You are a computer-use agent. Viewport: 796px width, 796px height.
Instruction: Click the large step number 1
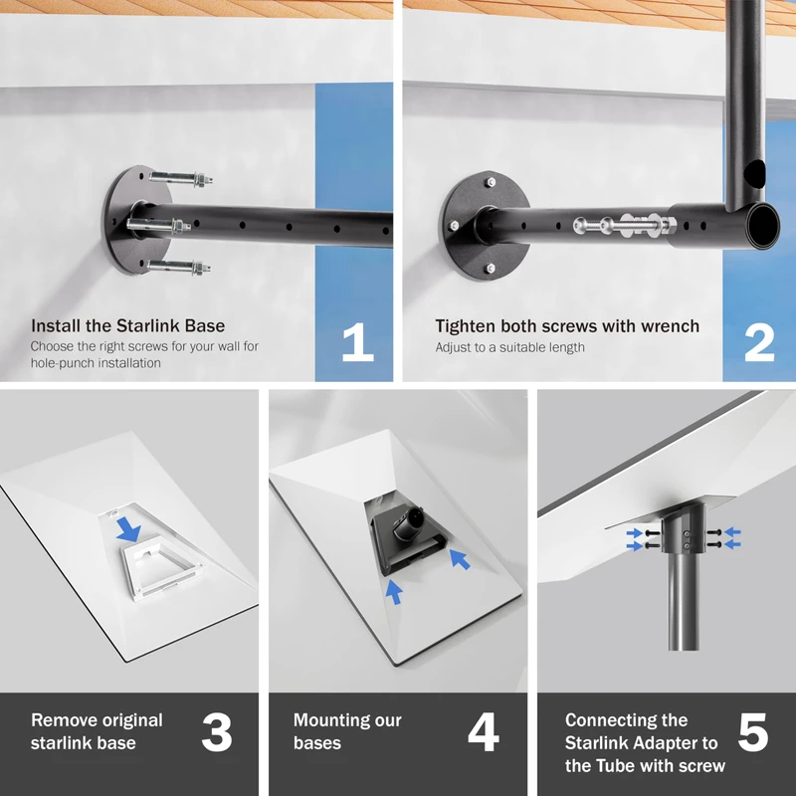(358, 342)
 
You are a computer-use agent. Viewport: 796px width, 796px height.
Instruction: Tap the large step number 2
(759, 342)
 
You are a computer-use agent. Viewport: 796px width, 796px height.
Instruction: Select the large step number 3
(217, 732)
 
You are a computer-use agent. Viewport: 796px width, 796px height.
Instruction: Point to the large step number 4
(484, 732)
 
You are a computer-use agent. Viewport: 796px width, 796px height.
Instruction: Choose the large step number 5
(753, 732)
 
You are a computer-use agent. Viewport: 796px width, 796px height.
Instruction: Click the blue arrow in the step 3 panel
(128, 530)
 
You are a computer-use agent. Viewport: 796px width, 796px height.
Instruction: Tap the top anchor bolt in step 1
(181, 179)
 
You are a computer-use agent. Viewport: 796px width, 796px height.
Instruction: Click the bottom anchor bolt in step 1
(179, 267)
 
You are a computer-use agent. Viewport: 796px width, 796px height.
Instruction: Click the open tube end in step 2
(763, 225)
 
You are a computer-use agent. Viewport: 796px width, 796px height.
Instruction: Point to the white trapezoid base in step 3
(162, 571)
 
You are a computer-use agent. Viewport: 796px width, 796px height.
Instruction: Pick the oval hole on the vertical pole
(754, 171)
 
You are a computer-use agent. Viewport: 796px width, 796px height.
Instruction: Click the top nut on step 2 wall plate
(490, 182)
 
